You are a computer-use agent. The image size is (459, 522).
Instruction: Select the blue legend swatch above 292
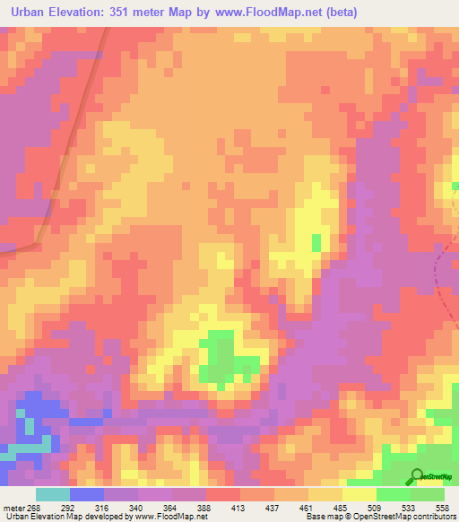[x=87, y=494]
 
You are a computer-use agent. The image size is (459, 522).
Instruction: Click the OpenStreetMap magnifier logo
[x=417, y=476]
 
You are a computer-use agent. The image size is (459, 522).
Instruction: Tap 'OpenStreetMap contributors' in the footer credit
[x=408, y=517]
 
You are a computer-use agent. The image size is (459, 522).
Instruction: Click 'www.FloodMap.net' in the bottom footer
[x=170, y=517]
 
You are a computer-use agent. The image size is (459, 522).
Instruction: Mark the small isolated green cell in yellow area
[x=316, y=243]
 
